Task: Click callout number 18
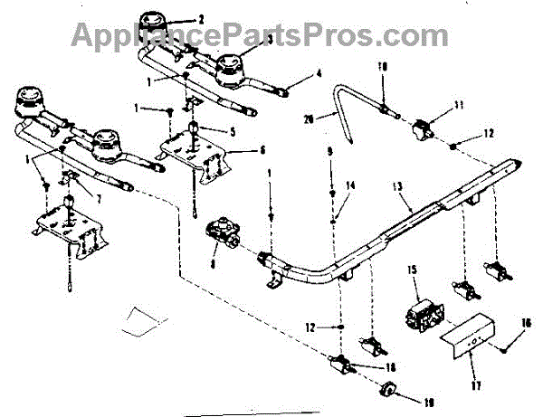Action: (x=390, y=367)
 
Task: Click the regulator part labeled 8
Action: (x=222, y=232)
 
